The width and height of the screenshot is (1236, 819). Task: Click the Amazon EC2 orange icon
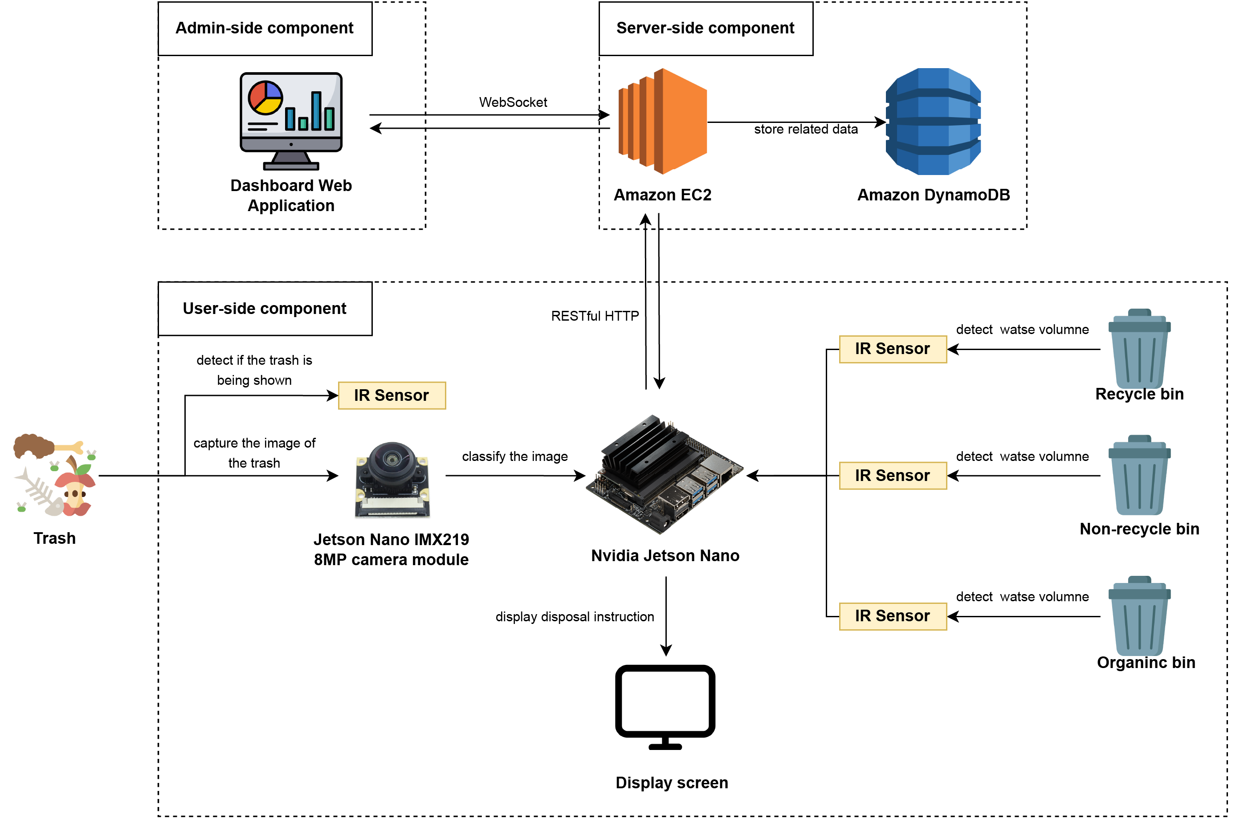click(662, 121)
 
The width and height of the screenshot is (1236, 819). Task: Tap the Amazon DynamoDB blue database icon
click(933, 121)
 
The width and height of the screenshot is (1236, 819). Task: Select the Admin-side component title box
click(265, 28)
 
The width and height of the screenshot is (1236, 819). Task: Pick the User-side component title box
click(265, 309)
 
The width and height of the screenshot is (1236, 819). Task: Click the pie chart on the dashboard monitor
click(265, 98)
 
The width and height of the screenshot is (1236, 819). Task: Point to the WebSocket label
click(513, 102)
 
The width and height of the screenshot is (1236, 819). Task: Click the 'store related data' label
click(806, 129)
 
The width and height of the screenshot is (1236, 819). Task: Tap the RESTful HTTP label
click(595, 316)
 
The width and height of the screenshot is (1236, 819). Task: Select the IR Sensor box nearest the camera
click(392, 395)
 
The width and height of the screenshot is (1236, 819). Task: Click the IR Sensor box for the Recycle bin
click(892, 349)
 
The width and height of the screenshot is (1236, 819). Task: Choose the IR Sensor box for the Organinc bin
click(892, 616)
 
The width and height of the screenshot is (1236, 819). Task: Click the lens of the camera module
click(391, 459)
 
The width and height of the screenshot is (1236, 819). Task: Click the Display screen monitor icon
click(665, 705)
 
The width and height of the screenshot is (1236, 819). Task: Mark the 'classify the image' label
click(514, 456)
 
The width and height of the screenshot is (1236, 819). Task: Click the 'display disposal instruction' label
click(574, 617)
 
